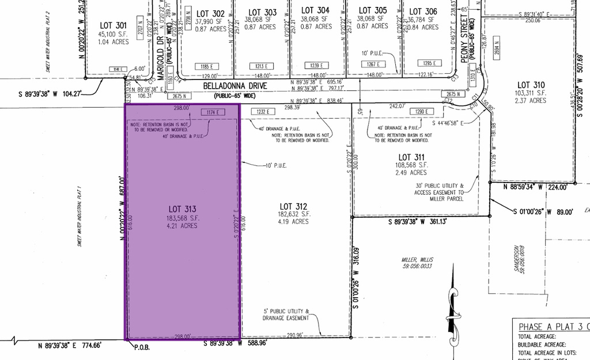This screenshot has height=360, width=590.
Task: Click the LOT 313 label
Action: pos(183,209)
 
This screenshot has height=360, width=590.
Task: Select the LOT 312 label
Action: pos(294,206)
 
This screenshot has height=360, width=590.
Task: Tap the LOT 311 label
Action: pos(412,157)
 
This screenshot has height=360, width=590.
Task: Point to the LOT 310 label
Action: pos(531,85)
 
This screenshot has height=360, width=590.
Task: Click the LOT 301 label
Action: pos(113,25)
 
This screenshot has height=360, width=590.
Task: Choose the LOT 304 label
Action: pos(316,10)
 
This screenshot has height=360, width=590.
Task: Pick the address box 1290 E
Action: pos(420,112)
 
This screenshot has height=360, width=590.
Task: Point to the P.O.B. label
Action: pos(142,347)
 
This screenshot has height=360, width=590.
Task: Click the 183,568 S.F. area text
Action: pos(183,218)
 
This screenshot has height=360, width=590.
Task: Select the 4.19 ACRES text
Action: pos(294,222)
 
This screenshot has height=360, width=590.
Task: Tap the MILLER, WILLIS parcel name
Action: pos(417,260)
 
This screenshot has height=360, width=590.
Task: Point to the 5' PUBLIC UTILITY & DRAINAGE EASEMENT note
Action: pos(286,314)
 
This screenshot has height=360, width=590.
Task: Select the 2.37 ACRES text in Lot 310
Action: pos(531,101)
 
